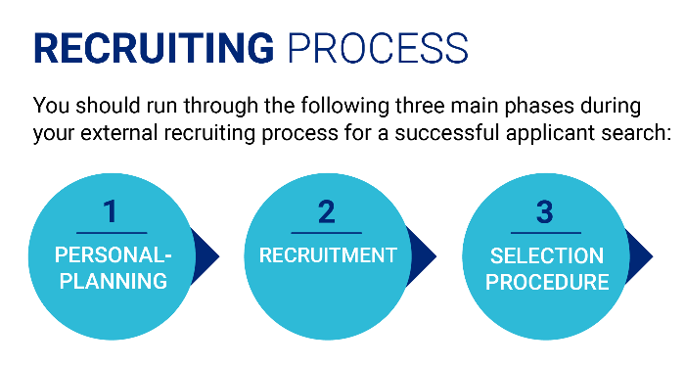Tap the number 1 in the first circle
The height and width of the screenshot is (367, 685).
pyautogui.click(x=110, y=210)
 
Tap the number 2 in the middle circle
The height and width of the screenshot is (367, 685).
pyautogui.click(x=326, y=210)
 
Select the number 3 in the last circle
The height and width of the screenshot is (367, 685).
pyautogui.click(x=545, y=210)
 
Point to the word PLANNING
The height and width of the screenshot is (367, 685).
pyautogui.click(x=111, y=282)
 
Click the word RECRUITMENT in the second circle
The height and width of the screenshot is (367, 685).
pyautogui.click(x=328, y=255)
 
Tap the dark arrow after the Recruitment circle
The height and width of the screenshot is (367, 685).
pyautogui.click(x=423, y=257)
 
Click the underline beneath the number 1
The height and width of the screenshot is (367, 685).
pyautogui.click(x=111, y=233)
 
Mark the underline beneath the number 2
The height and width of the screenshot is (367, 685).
pyautogui.click(x=327, y=233)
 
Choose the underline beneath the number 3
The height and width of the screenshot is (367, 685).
pyautogui.click(x=545, y=233)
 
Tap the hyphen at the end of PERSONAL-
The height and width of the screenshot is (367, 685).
pyautogui.click(x=167, y=256)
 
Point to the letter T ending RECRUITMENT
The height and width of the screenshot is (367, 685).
pyautogui.click(x=390, y=255)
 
